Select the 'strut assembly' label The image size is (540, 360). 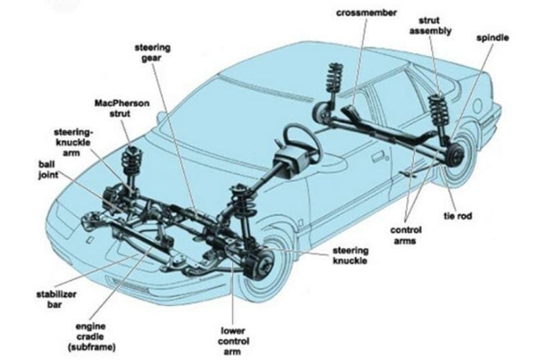436,26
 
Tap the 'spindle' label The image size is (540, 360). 494,39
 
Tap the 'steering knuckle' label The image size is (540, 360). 348,255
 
